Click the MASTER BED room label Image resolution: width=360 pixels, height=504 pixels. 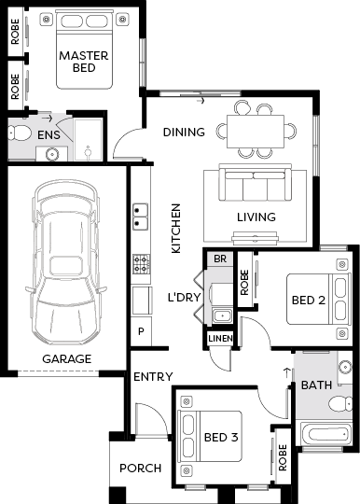click(84, 62)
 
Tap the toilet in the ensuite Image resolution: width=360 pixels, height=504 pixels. click(20, 133)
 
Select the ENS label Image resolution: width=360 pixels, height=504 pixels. click(48, 135)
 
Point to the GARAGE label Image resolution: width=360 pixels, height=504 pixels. click(67, 358)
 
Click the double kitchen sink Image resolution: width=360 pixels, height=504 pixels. click(140, 217)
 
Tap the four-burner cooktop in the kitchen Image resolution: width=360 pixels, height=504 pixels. click(142, 264)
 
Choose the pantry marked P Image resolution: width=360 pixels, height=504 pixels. click(141, 331)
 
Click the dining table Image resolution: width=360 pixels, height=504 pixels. click(256, 132)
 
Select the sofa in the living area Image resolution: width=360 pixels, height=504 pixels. click(256, 182)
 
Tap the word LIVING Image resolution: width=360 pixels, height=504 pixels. click(256, 217)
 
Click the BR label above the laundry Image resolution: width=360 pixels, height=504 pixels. click(220, 259)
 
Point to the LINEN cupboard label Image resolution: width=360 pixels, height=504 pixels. click(220, 338)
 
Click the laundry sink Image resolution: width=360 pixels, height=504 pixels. click(222, 315)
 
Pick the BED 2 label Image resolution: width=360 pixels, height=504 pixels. click(309, 301)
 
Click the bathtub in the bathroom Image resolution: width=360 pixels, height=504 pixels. click(325, 434)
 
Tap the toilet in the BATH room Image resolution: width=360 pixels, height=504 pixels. click(340, 404)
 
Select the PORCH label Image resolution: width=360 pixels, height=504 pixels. click(140, 469)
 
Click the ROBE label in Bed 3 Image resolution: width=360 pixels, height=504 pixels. click(283, 457)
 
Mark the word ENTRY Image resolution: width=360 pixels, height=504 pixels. click(153, 377)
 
